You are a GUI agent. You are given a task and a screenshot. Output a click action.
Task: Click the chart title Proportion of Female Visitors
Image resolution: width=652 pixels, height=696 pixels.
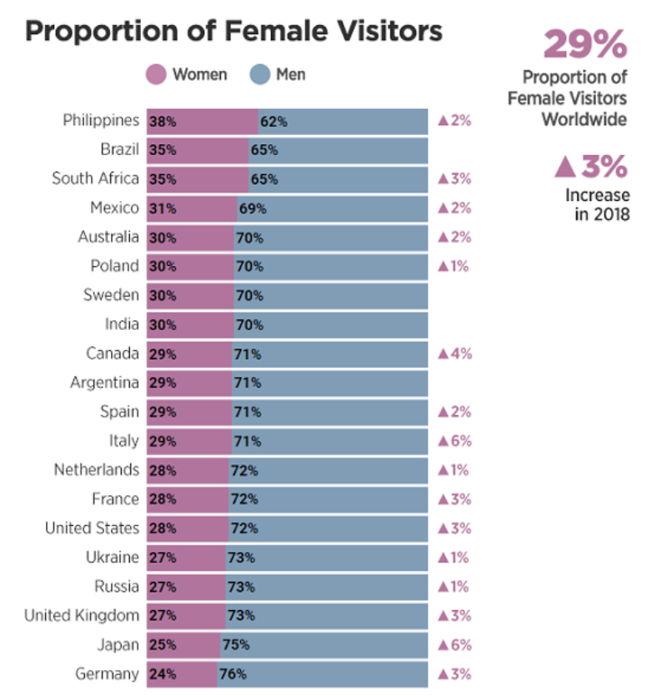click(233, 32)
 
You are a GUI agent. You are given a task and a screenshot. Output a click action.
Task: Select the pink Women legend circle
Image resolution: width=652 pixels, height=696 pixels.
click(158, 75)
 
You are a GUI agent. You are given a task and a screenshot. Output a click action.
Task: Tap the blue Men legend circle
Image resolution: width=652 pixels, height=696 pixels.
click(261, 75)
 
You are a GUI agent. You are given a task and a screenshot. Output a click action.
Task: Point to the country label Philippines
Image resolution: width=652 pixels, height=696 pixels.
click(101, 121)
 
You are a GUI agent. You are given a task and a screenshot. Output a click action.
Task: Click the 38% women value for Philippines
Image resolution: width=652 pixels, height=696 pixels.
click(163, 122)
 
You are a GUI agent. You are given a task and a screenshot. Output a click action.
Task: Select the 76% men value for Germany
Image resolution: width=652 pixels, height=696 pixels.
click(233, 674)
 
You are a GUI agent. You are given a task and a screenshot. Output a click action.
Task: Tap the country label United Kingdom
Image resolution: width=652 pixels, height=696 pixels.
click(82, 616)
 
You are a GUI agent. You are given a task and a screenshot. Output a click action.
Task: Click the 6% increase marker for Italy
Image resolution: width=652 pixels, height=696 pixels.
click(454, 441)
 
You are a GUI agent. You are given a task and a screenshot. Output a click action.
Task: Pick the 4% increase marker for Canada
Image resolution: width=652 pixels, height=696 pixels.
click(454, 353)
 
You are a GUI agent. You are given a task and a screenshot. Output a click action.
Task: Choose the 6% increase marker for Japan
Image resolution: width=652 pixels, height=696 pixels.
click(454, 645)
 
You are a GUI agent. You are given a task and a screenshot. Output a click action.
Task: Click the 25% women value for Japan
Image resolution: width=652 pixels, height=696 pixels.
click(163, 645)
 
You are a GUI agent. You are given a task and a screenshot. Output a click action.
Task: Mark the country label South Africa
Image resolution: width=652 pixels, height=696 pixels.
click(95, 178)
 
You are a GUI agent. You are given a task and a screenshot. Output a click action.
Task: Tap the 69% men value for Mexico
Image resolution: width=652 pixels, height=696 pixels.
click(252, 208)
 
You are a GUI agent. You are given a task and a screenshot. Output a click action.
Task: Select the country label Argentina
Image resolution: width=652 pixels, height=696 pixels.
click(105, 383)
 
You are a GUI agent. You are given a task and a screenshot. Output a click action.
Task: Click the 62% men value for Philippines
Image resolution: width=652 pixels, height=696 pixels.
click(273, 122)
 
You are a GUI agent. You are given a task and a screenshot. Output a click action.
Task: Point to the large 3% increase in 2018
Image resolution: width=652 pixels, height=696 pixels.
click(590, 167)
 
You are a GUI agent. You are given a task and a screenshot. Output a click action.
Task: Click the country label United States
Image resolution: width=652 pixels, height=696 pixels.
click(92, 528)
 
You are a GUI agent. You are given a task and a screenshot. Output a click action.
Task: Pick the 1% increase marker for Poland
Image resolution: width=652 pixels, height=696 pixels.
click(454, 267)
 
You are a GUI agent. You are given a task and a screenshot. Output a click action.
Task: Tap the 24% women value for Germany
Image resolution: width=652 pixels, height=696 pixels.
click(163, 674)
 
